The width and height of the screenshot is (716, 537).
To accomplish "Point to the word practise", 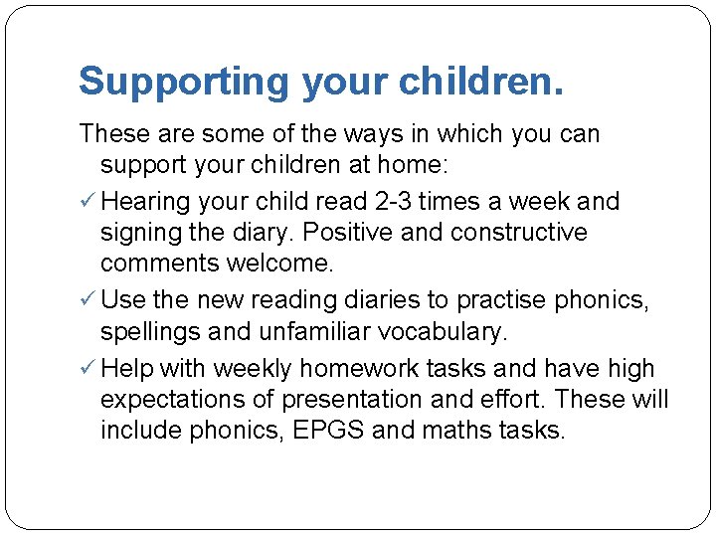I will pyautogui.click(x=502, y=299).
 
